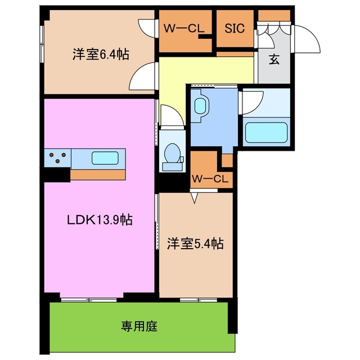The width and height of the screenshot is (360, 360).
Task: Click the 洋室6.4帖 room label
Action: pyautogui.click(x=101, y=55)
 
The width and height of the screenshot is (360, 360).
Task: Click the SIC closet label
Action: pyautogui.click(x=235, y=28)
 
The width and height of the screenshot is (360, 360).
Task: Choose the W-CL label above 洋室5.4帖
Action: pyautogui.click(x=209, y=179)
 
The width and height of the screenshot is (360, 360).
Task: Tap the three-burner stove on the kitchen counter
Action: pyautogui.click(x=58, y=158)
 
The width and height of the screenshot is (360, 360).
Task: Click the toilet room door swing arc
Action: pyautogui.click(x=170, y=115)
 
